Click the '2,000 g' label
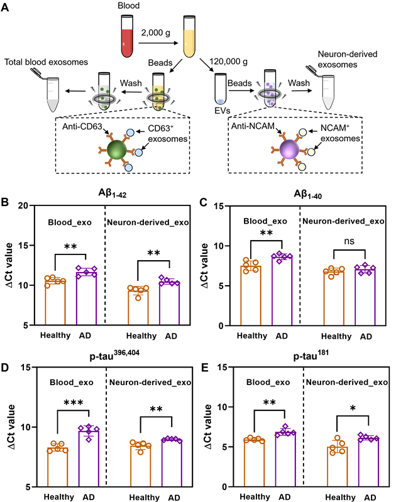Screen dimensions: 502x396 158,29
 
